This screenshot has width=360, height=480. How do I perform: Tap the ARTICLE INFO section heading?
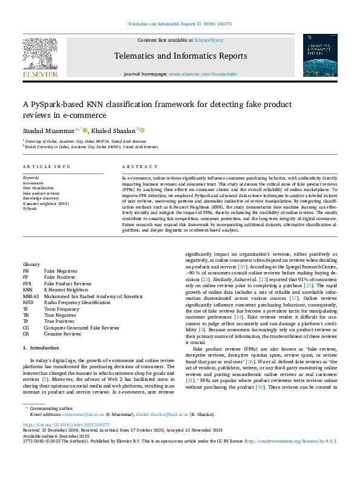[x=45, y=166]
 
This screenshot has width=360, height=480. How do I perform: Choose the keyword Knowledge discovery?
[x=42, y=198]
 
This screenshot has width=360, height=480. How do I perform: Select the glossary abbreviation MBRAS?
[x=31, y=297]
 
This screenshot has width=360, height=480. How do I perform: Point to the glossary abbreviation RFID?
[x=28, y=302]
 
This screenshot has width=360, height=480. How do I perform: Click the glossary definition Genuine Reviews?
[x=63, y=333]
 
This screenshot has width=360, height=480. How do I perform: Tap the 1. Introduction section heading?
[x=42, y=348]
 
